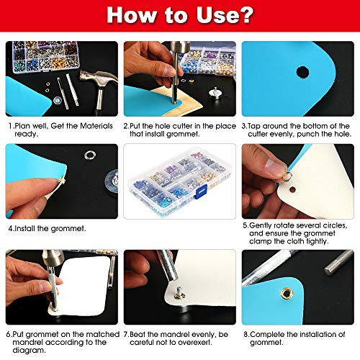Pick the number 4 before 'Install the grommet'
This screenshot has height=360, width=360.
tap(12, 228)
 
